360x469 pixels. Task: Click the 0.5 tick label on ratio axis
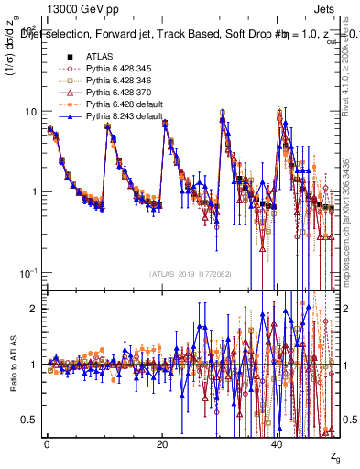pos(29,420)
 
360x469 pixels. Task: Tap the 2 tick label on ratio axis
pos(35,309)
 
